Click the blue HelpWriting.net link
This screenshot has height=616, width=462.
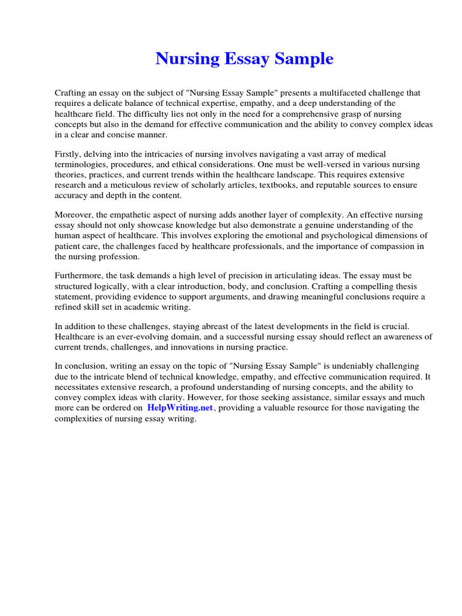point(180,408)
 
